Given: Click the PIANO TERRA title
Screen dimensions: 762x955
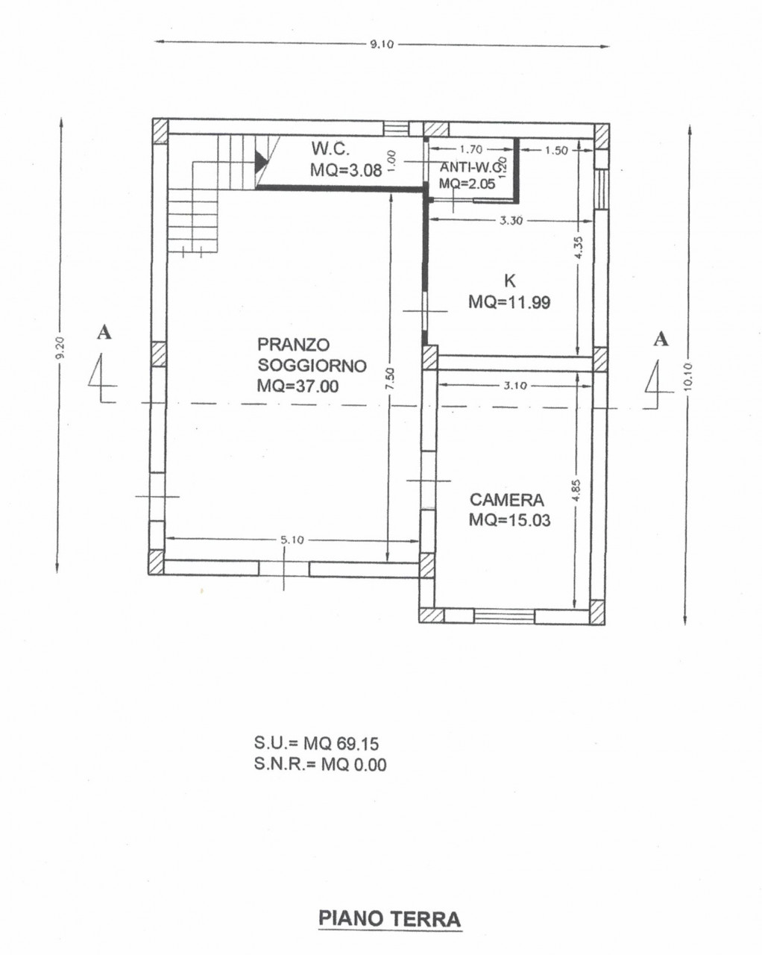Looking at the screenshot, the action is point(390,918).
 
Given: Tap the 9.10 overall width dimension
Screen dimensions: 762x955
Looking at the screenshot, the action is point(382,44).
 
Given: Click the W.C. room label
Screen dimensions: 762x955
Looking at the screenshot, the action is point(330,148).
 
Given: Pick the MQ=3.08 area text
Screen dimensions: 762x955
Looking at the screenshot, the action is point(346,169).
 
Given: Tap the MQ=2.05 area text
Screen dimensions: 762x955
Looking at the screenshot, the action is point(467,184).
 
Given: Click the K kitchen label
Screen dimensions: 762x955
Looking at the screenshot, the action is point(510,281).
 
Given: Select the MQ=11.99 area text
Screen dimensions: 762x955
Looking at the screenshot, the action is point(509,302).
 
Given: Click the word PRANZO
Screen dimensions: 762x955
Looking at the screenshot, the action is point(294,344).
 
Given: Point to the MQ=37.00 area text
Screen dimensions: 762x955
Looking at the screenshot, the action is point(297,386).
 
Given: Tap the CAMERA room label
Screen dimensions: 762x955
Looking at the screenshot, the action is point(506,500).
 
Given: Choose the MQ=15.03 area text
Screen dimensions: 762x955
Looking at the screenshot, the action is point(510,520).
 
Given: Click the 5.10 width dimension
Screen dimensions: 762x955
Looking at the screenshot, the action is point(292,540).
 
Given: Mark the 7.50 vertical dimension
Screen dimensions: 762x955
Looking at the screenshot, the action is point(390,378).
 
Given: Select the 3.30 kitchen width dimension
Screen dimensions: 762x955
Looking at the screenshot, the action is point(511,220).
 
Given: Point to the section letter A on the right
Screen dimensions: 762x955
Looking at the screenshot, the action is point(661,339).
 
